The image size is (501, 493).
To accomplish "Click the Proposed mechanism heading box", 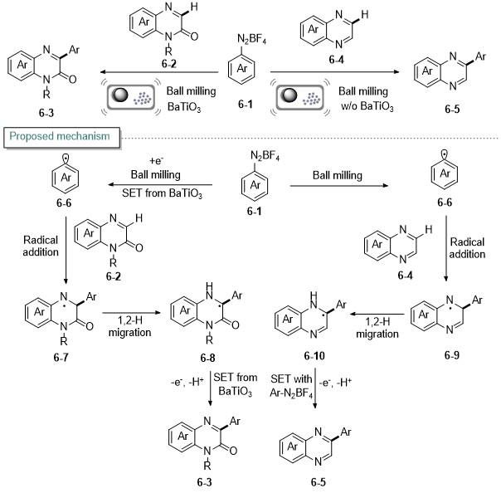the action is click(62, 138).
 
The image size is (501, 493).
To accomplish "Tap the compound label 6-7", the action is click(61, 357).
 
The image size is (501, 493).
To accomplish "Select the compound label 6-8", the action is click(207, 358).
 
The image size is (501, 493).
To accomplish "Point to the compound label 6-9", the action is click(452, 355).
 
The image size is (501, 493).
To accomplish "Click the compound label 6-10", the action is click(314, 355).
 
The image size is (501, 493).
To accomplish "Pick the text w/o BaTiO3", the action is click(367, 106).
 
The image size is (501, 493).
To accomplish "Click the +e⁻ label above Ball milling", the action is click(156, 160).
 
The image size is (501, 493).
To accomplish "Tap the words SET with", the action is click(291, 378).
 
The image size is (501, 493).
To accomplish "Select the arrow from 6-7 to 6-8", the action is click(131, 312).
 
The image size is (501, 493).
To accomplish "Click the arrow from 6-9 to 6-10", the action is click(377, 314).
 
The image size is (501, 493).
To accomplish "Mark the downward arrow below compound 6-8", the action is click(210, 388).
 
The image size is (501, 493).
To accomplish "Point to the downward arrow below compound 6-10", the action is click(315, 388).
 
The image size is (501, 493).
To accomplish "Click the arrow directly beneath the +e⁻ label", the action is click(160, 184).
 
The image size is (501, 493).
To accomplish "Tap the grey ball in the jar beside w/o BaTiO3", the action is click(290, 95).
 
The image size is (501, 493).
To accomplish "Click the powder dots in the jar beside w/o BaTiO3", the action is click(312, 99).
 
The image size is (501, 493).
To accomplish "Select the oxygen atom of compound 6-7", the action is click(89, 326).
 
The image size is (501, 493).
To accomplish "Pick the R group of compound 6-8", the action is click(209, 339).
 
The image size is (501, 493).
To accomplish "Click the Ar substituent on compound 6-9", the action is click(477, 300).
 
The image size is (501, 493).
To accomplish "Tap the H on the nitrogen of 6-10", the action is click(314, 295).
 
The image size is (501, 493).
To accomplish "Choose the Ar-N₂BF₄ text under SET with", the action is click(291, 393).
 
